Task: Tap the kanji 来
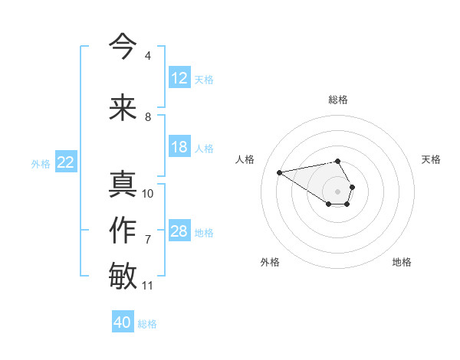tap(123, 108)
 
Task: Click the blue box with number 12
tap(179, 78)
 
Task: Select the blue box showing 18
tap(179, 147)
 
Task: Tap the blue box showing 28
tap(179, 231)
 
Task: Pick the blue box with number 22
tap(66, 162)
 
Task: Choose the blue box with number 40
tap(123, 322)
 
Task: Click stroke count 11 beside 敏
tap(147, 286)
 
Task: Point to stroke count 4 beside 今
tap(147, 56)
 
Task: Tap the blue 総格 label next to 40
tap(147, 324)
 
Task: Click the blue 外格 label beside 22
tap(41, 163)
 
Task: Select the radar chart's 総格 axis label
tap(338, 100)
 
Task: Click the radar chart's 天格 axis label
tap(431, 159)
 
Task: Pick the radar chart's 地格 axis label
tap(402, 262)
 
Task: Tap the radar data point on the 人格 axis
tap(279, 172)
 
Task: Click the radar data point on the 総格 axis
tap(338, 161)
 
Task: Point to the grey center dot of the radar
tap(338, 191)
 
